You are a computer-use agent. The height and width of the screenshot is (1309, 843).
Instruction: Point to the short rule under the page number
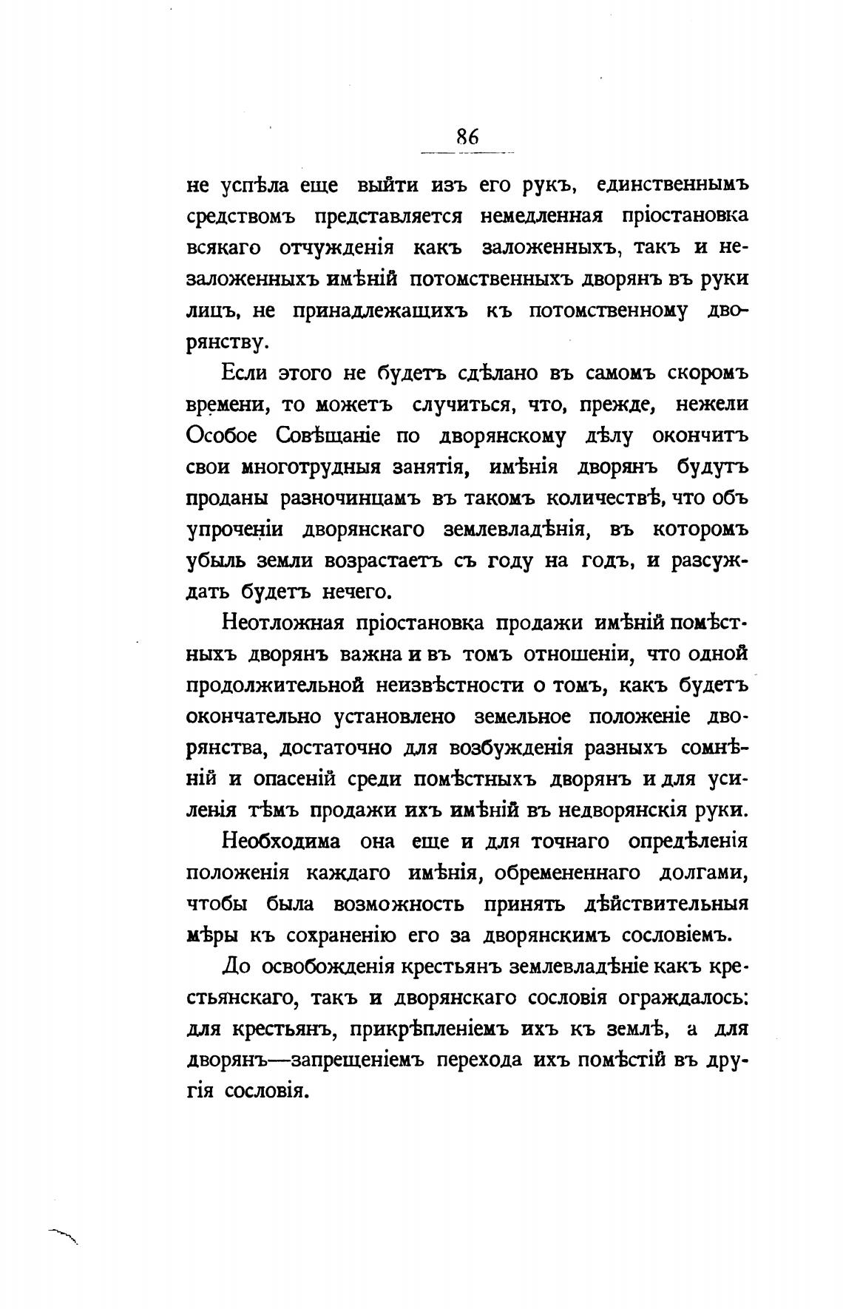(x=467, y=153)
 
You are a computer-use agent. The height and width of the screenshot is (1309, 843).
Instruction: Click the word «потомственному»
(x=608, y=311)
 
